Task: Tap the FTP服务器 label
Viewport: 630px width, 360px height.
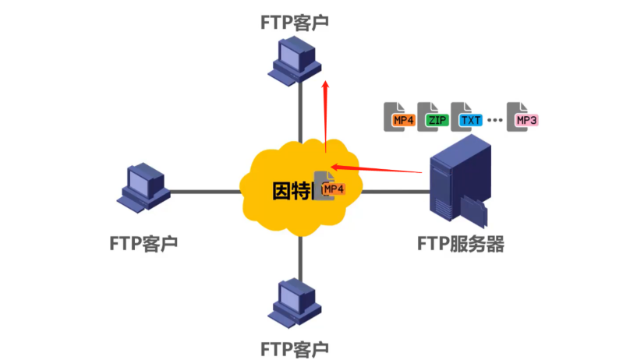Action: point(460,244)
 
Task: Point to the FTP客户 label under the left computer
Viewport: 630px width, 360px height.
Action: point(143,243)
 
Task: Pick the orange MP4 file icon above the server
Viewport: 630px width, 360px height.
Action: point(401,117)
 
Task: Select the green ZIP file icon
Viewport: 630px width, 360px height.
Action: point(434,117)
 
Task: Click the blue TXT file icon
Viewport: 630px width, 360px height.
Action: point(468,117)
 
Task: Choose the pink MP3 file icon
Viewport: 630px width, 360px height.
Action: point(523,117)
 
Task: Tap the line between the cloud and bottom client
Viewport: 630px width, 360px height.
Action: point(300,257)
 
